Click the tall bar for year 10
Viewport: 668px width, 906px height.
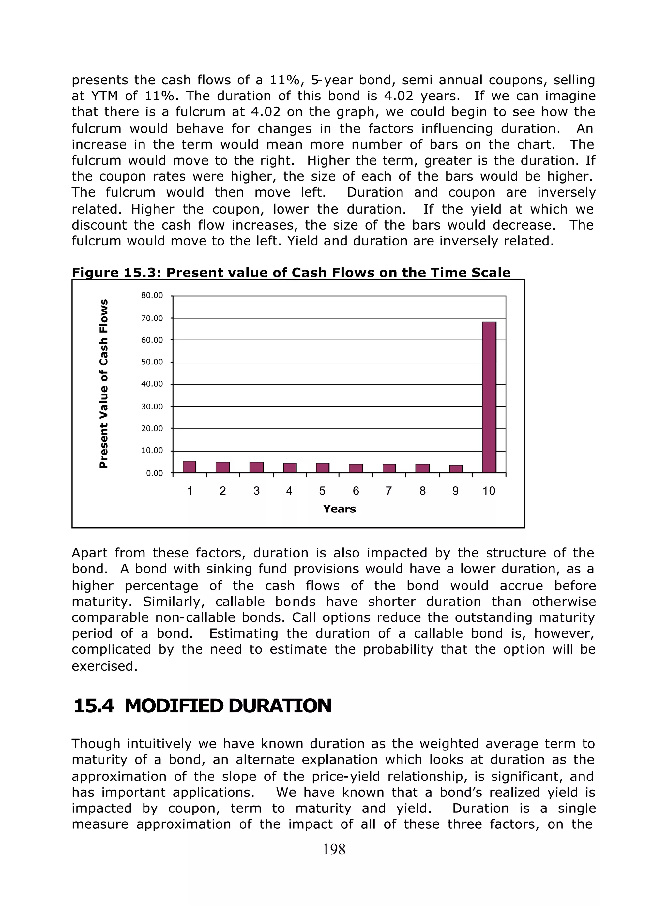[489, 397]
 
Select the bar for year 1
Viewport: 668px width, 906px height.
[189, 467]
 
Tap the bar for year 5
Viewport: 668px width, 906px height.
[322, 468]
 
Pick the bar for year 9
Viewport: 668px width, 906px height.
[456, 469]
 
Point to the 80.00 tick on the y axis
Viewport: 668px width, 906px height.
[152, 295]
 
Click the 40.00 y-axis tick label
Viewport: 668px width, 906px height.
[152, 384]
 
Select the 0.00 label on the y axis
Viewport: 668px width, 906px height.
[154, 473]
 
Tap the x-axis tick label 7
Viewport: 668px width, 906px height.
[388, 491]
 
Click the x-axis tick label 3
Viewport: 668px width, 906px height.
[256, 491]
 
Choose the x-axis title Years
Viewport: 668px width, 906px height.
[339, 509]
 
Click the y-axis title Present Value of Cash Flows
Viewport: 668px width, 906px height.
[104, 384]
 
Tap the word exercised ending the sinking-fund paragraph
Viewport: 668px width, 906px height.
[104, 666]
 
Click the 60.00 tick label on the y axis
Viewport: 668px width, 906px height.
[152, 340]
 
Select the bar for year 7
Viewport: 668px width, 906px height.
[389, 468]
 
